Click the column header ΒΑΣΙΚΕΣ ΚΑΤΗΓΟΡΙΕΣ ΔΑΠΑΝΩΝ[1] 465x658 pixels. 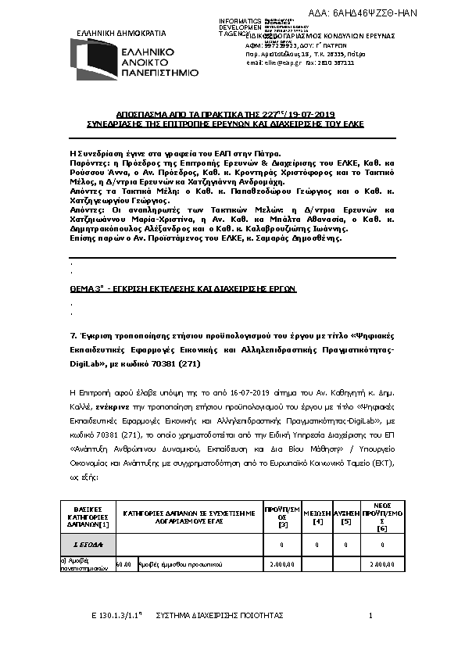88,517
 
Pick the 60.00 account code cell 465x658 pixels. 123,563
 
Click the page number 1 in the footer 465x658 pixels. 370,617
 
